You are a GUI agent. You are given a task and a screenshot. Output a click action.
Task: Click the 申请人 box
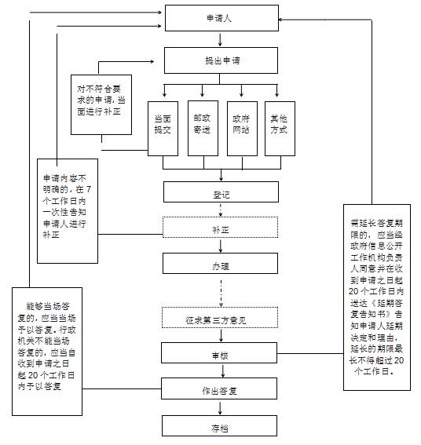pos(221,18)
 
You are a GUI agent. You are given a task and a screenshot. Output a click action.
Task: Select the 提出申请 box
pos(221,60)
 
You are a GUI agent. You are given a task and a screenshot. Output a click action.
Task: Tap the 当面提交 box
pos(163,129)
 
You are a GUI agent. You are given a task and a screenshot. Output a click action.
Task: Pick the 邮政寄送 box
pos(203,128)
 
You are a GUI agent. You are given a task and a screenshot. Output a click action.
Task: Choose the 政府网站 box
pos(242,129)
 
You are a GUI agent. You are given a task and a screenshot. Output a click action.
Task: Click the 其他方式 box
pos(280,129)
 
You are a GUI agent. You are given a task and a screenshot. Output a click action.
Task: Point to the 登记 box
pos(221,191)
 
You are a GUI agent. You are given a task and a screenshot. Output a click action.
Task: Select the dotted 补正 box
pos(220,227)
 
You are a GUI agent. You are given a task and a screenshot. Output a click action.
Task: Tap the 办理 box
pos(220,264)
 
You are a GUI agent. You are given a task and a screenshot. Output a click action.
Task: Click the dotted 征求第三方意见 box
pos(220,317)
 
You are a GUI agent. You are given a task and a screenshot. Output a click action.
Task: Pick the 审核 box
pos(219,352)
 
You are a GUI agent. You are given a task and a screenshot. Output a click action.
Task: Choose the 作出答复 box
pos(219,388)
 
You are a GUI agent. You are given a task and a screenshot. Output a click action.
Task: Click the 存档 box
pos(220,425)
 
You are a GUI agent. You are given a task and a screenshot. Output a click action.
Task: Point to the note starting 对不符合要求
pos(101,104)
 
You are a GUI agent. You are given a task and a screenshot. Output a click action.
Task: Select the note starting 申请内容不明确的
pos(68,211)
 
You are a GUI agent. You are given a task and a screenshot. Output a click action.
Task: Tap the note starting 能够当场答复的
pos(47,352)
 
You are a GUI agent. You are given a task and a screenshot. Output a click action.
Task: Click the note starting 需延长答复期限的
pos(377,297)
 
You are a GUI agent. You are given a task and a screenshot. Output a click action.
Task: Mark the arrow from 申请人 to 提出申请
pos(220,39)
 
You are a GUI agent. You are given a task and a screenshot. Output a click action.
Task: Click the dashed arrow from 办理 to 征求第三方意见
pos(221,294)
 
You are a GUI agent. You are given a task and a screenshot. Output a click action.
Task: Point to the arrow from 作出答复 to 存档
pos(220,407)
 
